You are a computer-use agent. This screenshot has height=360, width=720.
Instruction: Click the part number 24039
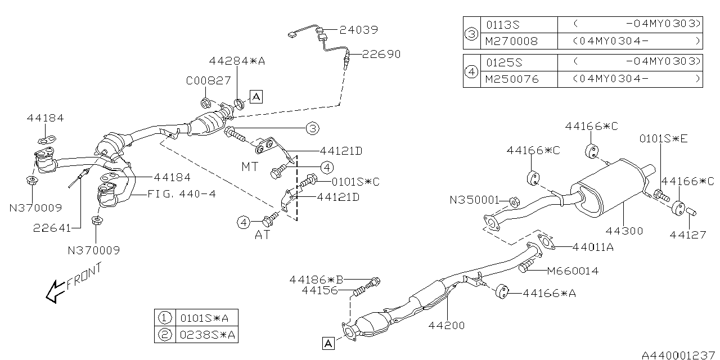[358, 30]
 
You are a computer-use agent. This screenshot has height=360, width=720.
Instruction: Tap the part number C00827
[208, 80]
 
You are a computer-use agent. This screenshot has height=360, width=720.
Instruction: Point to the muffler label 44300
[624, 231]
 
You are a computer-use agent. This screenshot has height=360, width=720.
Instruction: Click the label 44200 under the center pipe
[447, 325]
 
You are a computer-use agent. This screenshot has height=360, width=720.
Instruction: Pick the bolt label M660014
[573, 271]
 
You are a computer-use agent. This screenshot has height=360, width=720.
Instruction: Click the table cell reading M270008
[511, 41]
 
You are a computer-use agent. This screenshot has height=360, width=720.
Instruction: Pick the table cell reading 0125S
[503, 61]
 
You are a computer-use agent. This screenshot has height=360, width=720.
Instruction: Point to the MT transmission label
[250, 167]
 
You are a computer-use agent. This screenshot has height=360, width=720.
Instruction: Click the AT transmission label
[262, 235]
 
